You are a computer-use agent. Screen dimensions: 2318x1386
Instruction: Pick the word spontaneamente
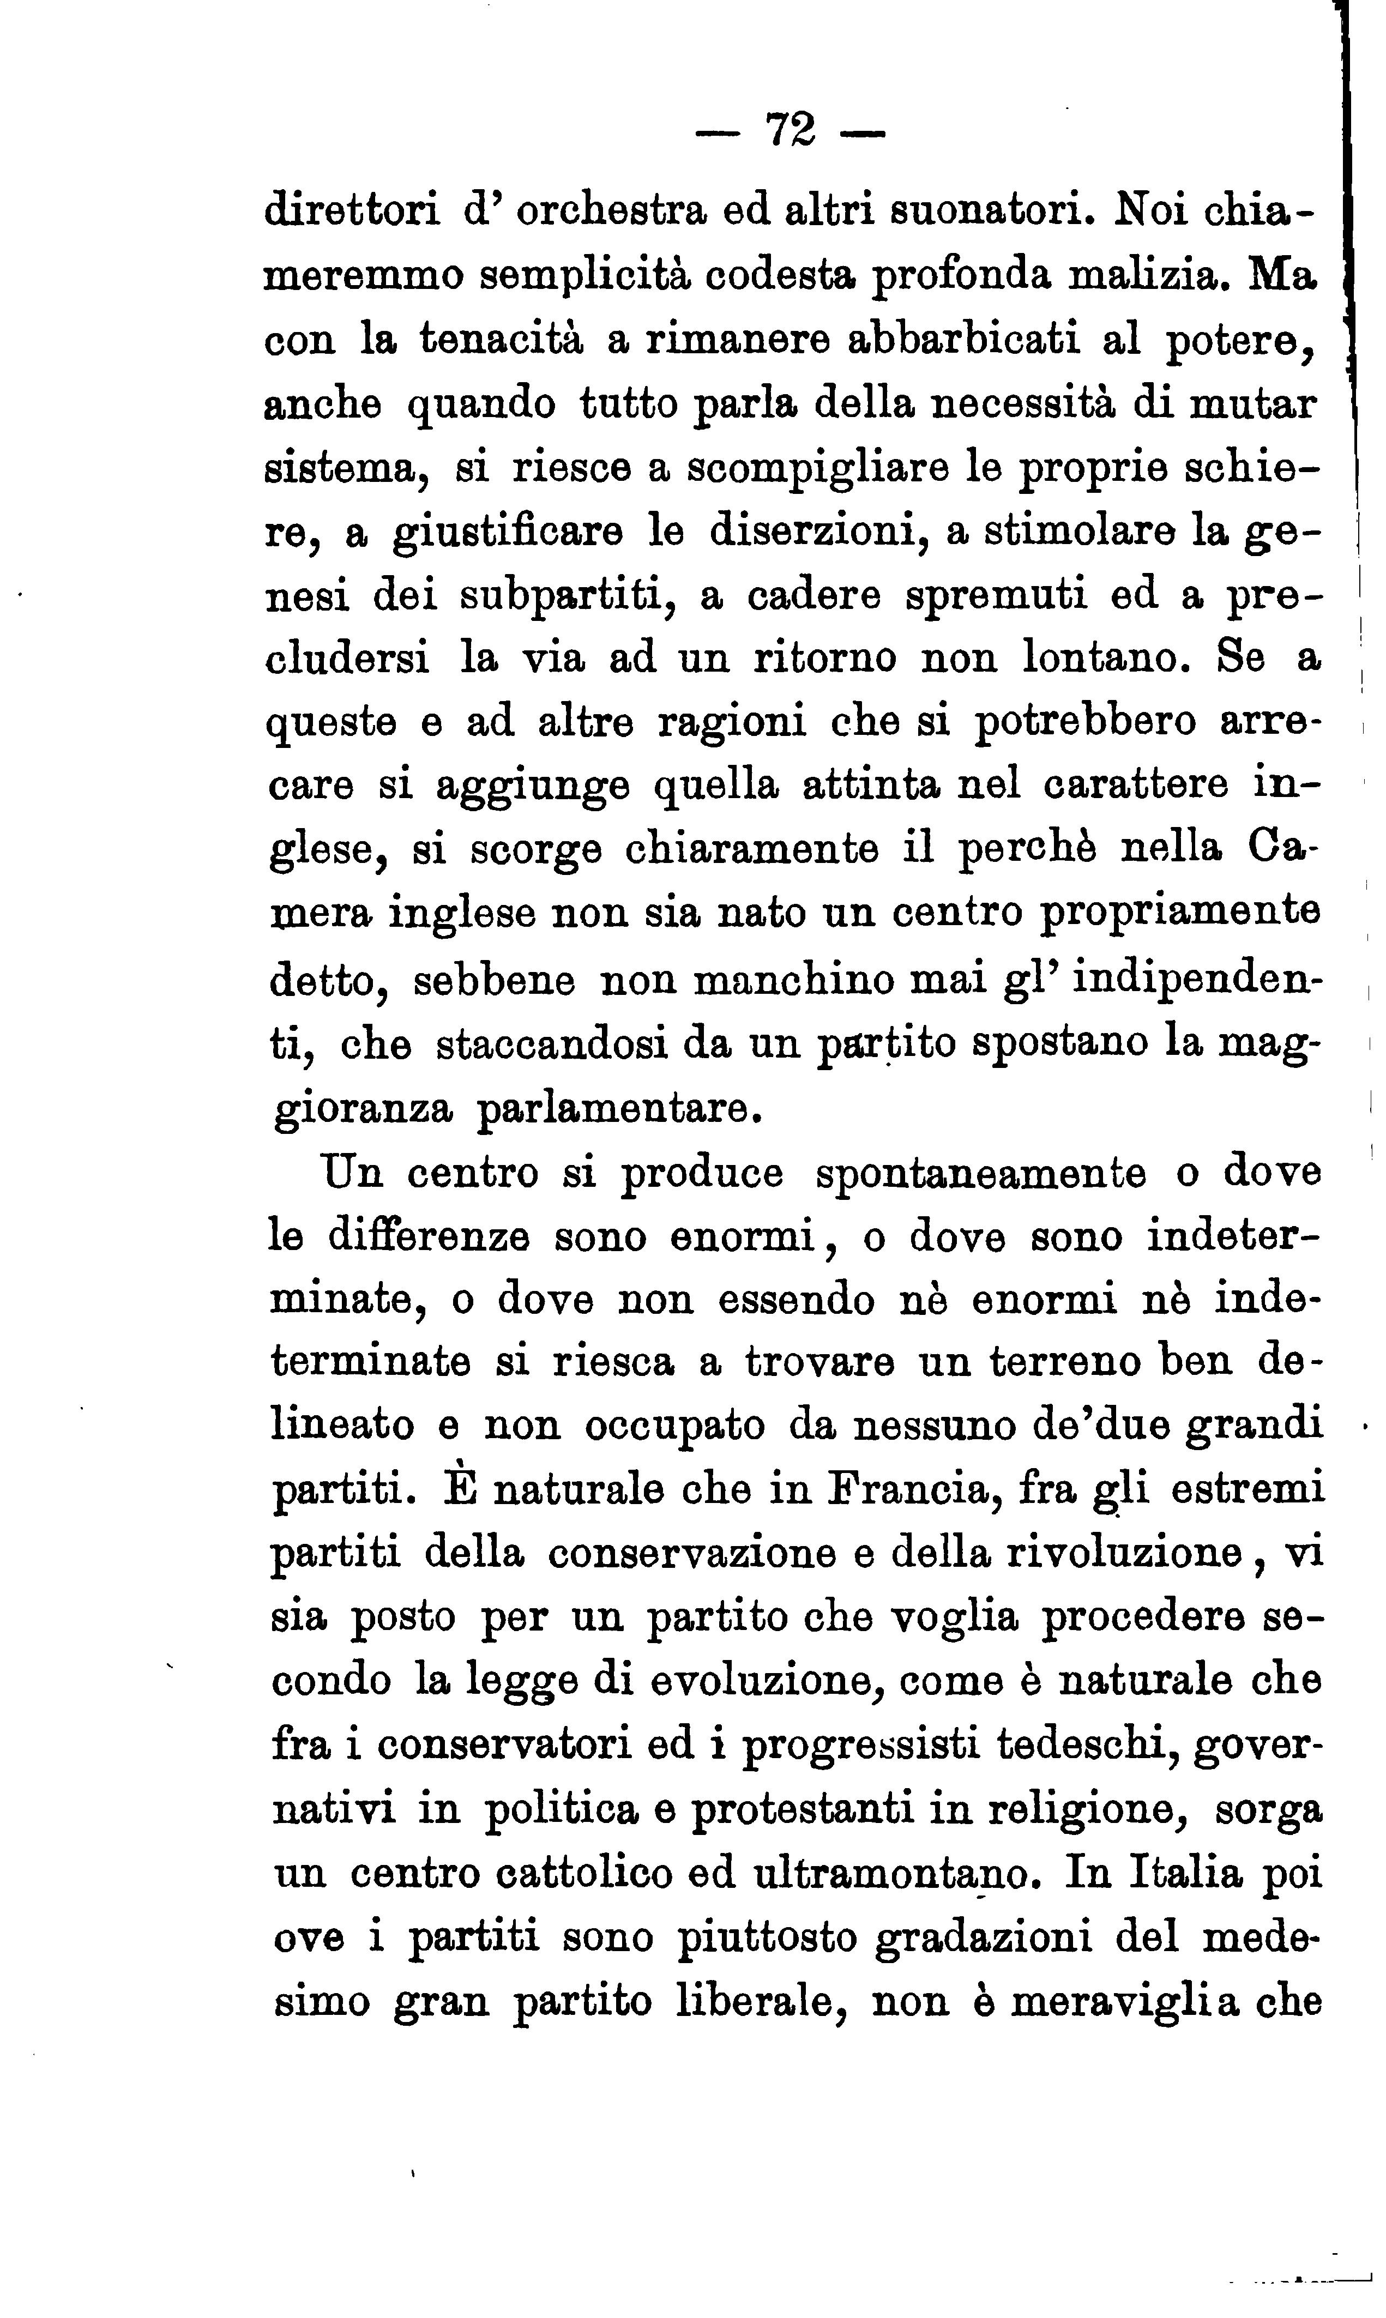tap(981, 1174)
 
